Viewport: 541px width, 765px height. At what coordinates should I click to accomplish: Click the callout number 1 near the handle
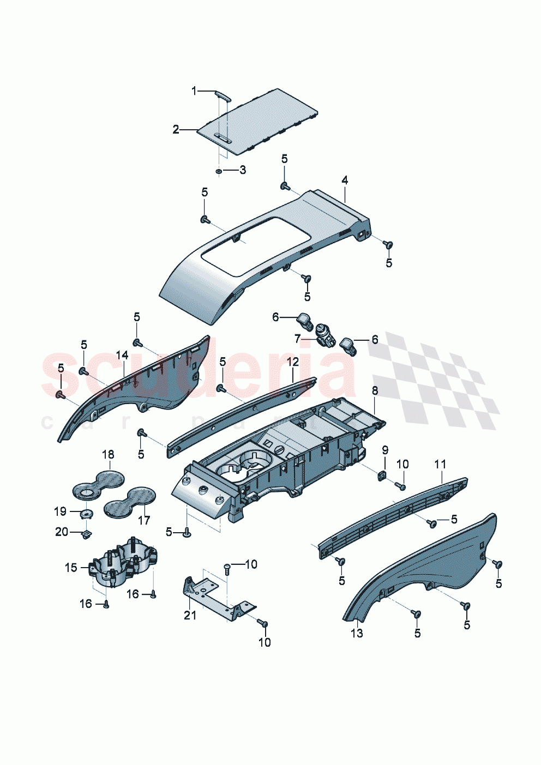194,91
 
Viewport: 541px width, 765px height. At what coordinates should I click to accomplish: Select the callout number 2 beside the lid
176,129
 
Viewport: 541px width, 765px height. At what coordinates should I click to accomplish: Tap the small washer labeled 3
219,172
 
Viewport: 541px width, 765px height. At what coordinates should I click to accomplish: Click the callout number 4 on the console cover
345,180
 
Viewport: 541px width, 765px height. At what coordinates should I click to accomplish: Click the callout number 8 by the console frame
375,390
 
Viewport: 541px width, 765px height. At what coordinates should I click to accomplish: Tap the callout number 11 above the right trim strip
440,464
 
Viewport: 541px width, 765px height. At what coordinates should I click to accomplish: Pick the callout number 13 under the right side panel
357,633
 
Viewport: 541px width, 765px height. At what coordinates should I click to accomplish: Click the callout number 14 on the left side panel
122,355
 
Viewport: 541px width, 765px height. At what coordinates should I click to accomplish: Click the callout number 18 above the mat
108,454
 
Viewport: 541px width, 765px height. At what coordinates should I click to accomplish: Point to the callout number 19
60,511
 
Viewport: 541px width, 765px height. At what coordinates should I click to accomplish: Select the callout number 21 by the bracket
190,615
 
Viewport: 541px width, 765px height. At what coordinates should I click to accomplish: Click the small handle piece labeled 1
222,96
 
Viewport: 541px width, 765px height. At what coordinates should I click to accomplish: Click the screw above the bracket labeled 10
227,568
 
